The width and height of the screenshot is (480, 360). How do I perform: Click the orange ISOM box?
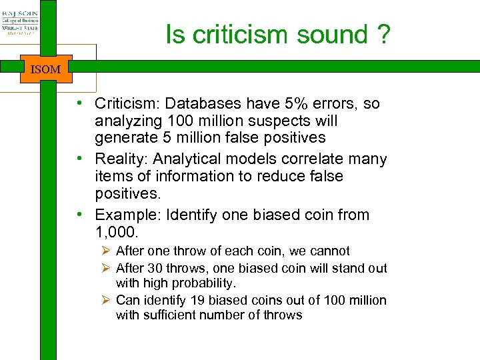click(x=45, y=69)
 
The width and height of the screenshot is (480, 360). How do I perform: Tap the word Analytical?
click(x=193, y=159)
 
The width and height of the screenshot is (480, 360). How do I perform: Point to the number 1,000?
click(x=115, y=232)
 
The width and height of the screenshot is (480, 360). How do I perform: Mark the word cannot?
click(x=329, y=251)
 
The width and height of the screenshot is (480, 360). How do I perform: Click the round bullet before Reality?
click(x=79, y=159)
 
